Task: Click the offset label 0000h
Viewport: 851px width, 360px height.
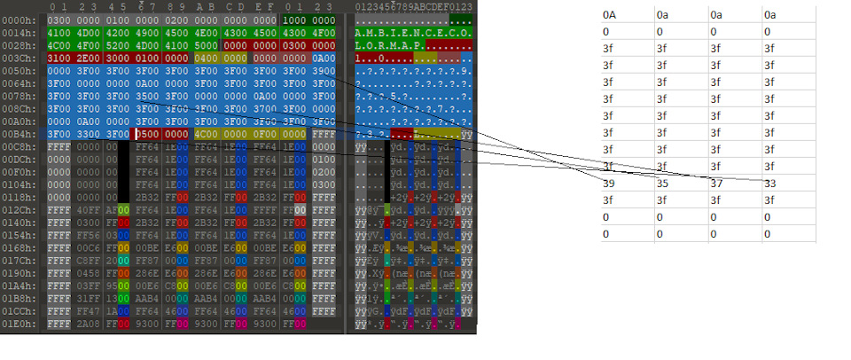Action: tap(17, 19)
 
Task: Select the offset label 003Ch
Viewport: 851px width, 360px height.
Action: tap(17, 56)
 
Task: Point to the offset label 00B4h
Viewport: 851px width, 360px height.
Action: tap(17, 133)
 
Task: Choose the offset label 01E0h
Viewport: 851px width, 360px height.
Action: tap(17, 325)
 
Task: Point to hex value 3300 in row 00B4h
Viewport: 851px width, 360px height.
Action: tap(88, 133)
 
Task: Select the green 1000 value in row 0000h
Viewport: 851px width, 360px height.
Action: tap(295, 19)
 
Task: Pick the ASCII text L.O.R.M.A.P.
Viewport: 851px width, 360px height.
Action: tap(390, 43)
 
